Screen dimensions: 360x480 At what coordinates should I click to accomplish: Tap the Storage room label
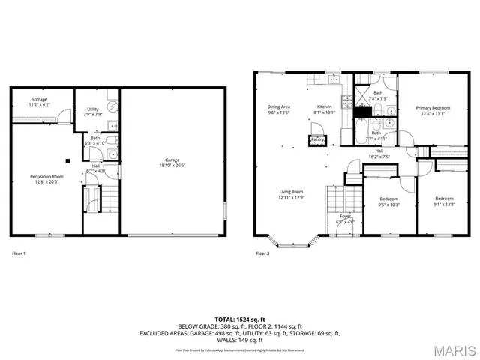click(40, 100)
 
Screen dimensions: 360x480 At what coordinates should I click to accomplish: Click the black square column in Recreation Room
click(67, 160)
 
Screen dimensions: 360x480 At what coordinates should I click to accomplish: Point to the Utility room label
click(93, 109)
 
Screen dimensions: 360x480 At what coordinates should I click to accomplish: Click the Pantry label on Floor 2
click(318, 139)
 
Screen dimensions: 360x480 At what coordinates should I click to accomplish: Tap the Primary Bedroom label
click(433, 108)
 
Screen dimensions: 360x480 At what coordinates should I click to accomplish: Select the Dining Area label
click(279, 106)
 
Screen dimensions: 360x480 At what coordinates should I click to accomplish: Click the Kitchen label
click(324, 106)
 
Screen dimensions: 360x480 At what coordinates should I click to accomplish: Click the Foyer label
click(345, 216)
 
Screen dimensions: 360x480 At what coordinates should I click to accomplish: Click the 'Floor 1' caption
click(19, 253)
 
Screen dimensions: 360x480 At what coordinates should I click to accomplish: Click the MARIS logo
click(454, 349)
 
